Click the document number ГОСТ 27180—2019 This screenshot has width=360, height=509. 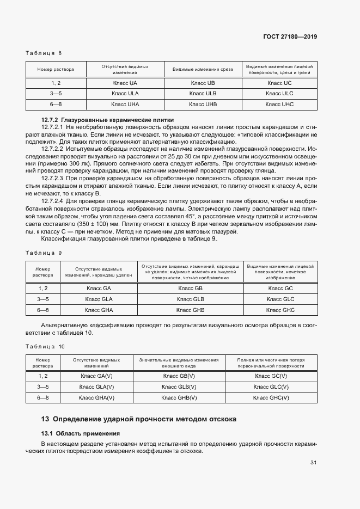click(x=290, y=36)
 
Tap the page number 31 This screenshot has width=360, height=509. click(x=314, y=463)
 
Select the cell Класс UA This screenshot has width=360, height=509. click(x=125, y=83)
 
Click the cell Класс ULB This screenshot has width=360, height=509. click(x=203, y=93)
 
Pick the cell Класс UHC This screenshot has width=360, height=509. click(x=280, y=103)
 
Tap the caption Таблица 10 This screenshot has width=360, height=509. click(x=46, y=346)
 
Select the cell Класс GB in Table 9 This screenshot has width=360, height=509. click(x=191, y=289)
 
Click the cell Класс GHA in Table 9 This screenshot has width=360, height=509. click(x=99, y=310)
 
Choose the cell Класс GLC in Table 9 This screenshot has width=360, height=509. click(x=280, y=299)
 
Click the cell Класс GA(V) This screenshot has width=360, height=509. click(x=96, y=376)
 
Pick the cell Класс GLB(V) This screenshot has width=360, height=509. click(x=179, y=387)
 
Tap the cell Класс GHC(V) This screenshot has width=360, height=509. click(x=271, y=397)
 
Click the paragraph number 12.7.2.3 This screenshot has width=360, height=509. click(x=53, y=178)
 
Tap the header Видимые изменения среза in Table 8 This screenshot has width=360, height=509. click(x=203, y=69)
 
